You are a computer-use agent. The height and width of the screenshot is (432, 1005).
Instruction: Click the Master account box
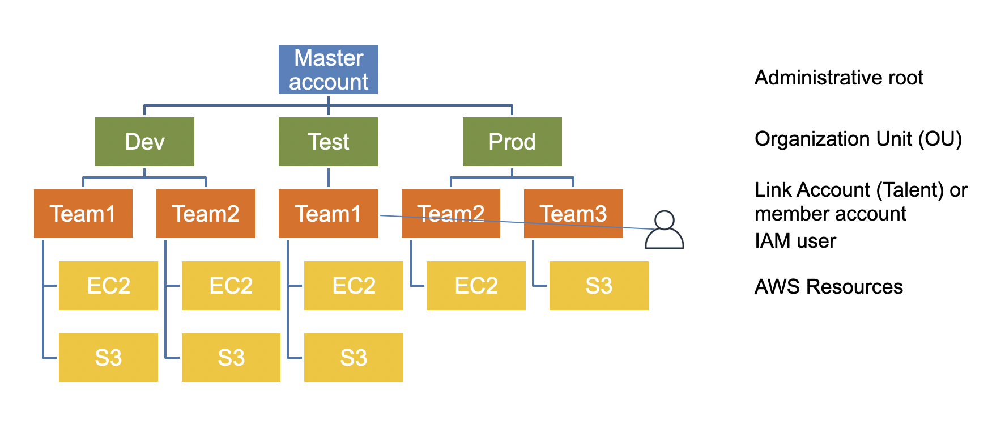pyautogui.click(x=328, y=70)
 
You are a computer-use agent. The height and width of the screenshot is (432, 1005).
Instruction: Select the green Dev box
pyautogui.click(x=144, y=142)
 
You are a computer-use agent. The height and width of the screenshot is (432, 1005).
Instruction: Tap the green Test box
pyautogui.click(x=328, y=142)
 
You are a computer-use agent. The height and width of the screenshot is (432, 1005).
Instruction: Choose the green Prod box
pyautogui.click(x=512, y=142)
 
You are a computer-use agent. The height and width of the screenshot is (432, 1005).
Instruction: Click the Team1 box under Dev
pyautogui.click(x=83, y=214)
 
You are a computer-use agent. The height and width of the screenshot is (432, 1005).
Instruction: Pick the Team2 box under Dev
pyautogui.click(x=206, y=214)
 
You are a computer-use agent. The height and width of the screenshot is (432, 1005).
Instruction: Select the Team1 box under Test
pyautogui.click(x=328, y=214)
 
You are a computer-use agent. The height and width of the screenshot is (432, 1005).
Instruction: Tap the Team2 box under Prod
pyautogui.click(x=451, y=214)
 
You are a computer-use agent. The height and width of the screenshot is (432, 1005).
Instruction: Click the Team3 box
pyautogui.click(x=573, y=214)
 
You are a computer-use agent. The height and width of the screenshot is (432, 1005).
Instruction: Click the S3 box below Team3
pyautogui.click(x=599, y=286)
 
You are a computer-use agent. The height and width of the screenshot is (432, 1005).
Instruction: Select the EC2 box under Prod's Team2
pyautogui.click(x=476, y=286)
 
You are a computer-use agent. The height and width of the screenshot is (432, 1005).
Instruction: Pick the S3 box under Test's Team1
pyautogui.click(x=354, y=357)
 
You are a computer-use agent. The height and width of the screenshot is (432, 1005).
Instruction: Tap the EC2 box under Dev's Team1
pyautogui.click(x=108, y=286)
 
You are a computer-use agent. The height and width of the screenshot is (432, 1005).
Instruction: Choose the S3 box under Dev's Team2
pyautogui.click(x=231, y=357)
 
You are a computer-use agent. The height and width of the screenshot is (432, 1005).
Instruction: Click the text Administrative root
pyautogui.click(x=839, y=78)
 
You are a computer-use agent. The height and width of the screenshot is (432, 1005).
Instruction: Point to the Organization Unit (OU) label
pyautogui.click(x=858, y=139)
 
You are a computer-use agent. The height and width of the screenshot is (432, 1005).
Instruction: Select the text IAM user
pyautogui.click(x=795, y=241)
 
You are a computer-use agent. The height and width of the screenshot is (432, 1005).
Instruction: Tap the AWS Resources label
pyautogui.click(x=829, y=287)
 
